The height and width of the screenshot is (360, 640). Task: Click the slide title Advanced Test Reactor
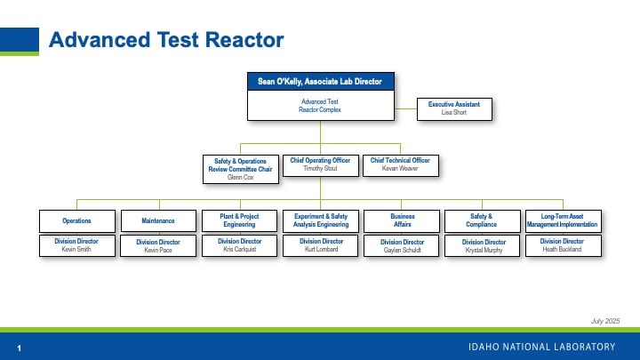(166, 40)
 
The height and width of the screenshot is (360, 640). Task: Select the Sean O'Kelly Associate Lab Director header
(320, 82)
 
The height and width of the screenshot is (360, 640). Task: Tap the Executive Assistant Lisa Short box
(454, 108)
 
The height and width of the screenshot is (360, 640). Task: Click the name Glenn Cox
(241, 178)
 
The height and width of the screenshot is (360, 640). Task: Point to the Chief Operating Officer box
(321, 164)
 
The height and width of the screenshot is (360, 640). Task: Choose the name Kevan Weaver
(399, 168)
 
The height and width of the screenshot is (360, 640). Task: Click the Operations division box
(77, 220)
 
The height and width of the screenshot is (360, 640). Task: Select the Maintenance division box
(158, 220)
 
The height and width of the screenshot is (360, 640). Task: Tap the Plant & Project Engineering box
(240, 220)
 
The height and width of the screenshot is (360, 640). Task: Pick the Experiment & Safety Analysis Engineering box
(321, 220)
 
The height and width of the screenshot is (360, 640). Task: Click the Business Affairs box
(403, 220)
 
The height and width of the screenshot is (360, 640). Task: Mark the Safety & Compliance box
(484, 220)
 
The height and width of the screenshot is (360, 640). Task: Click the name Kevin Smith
(77, 250)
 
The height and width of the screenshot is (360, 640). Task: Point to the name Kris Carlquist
(240, 249)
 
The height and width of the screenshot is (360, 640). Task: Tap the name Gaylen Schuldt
(403, 250)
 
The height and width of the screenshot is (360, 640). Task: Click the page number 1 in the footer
(19, 347)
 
